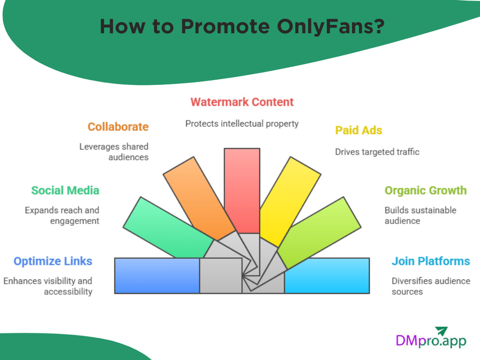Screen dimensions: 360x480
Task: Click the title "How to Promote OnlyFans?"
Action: [x=242, y=27]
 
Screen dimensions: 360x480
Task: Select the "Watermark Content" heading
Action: [x=242, y=102]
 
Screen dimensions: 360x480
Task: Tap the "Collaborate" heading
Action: [x=118, y=127]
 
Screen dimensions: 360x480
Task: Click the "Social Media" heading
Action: [x=65, y=190]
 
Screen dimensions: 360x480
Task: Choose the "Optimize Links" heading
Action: [x=53, y=261]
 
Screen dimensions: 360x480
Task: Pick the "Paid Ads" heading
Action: [x=359, y=130]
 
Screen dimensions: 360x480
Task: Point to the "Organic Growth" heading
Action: [x=426, y=190]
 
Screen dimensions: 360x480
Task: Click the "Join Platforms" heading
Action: [x=431, y=261]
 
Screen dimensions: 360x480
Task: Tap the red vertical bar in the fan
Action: [x=242, y=187]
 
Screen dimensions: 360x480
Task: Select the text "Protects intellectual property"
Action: [x=242, y=124]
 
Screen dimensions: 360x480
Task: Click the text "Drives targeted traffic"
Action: [x=377, y=151]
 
